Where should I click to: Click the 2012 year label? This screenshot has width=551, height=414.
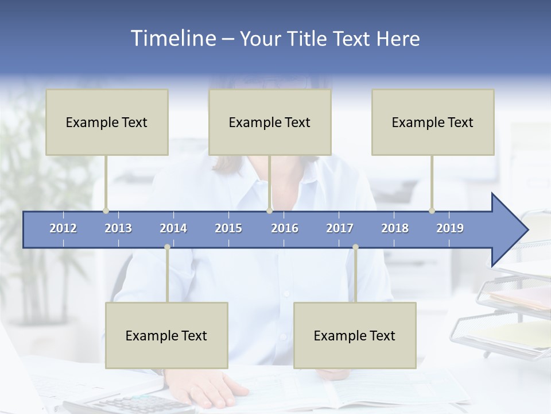(x=63, y=228)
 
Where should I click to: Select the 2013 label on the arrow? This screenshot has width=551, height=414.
(x=118, y=228)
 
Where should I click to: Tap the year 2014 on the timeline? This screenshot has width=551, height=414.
(x=173, y=228)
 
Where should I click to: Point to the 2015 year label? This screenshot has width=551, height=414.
(x=228, y=228)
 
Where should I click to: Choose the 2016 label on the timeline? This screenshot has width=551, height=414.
(x=285, y=228)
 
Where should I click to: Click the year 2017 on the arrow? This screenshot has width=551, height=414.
(x=340, y=228)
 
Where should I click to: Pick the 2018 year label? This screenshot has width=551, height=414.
(x=395, y=228)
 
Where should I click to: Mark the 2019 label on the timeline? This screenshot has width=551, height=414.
(x=450, y=228)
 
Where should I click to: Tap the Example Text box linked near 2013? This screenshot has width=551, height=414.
(x=107, y=122)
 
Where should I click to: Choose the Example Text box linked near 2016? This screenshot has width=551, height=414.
(x=270, y=122)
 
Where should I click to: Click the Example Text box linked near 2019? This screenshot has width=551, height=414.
(x=433, y=122)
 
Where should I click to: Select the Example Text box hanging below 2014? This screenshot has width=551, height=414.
(x=166, y=335)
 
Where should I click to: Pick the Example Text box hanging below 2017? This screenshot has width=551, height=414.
(x=355, y=335)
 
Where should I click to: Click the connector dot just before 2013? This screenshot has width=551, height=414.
(x=106, y=210)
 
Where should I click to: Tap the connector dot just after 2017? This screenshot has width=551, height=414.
(x=355, y=247)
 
